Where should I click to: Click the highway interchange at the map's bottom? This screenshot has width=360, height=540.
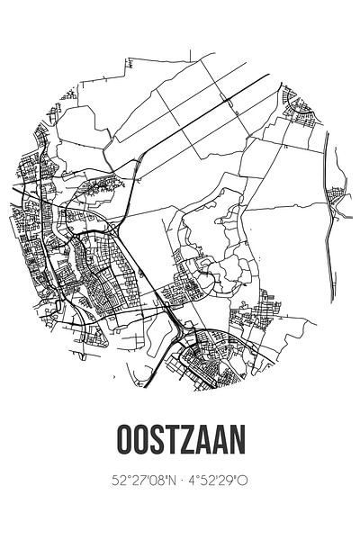(x=184, y=338)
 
